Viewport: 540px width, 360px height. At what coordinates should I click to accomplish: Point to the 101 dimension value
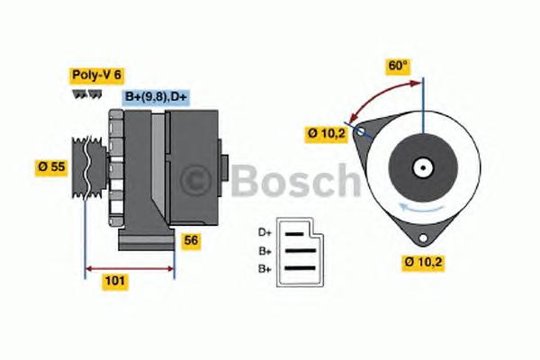click(x=114, y=281)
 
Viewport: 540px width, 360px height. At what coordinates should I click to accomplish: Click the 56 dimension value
click(x=191, y=240)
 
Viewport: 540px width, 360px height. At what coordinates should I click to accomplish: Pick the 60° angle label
click(x=398, y=65)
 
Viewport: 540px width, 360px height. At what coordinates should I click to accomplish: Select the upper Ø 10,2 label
click(x=326, y=134)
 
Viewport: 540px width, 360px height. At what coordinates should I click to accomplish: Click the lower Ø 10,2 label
click(x=421, y=263)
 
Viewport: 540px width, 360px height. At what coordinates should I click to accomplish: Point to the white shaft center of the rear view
click(x=421, y=166)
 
